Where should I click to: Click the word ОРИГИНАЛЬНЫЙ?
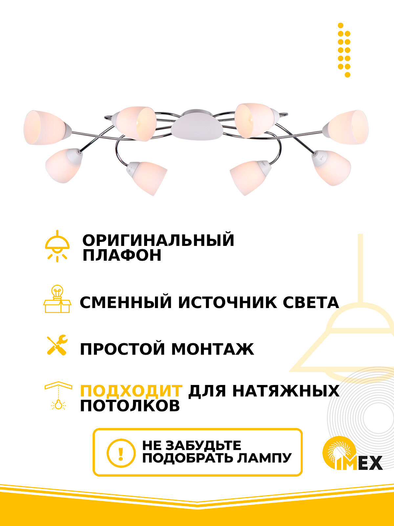(x=158, y=240)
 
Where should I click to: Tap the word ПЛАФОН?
(x=122, y=255)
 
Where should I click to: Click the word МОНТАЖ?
(x=213, y=349)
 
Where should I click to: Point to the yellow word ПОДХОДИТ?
(x=131, y=391)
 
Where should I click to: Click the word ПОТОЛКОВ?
(x=130, y=406)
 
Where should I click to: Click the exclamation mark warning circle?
(x=121, y=452)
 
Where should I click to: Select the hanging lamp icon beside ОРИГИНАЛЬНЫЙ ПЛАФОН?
(x=57, y=246)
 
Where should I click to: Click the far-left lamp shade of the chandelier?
(x=44, y=128)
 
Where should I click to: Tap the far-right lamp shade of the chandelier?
(x=348, y=127)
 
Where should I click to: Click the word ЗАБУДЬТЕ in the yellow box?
(x=203, y=445)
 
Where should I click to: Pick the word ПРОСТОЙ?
(x=122, y=349)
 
